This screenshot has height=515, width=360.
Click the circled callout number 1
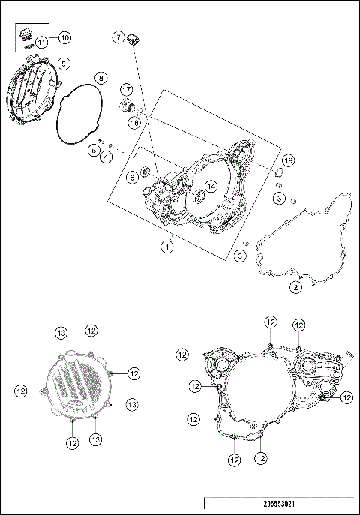[x=169, y=245]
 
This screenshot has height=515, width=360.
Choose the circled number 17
[x=127, y=89]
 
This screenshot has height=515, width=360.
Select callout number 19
[x=287, y=162]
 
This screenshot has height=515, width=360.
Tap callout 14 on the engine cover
[x=211, y=186]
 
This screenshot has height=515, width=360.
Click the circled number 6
[x=131, y=177]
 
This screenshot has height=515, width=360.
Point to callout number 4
[x=106, y=157]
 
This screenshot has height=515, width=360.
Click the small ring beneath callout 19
[x=280, y=184]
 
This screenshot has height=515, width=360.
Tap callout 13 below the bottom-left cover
[x=96, y=439]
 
